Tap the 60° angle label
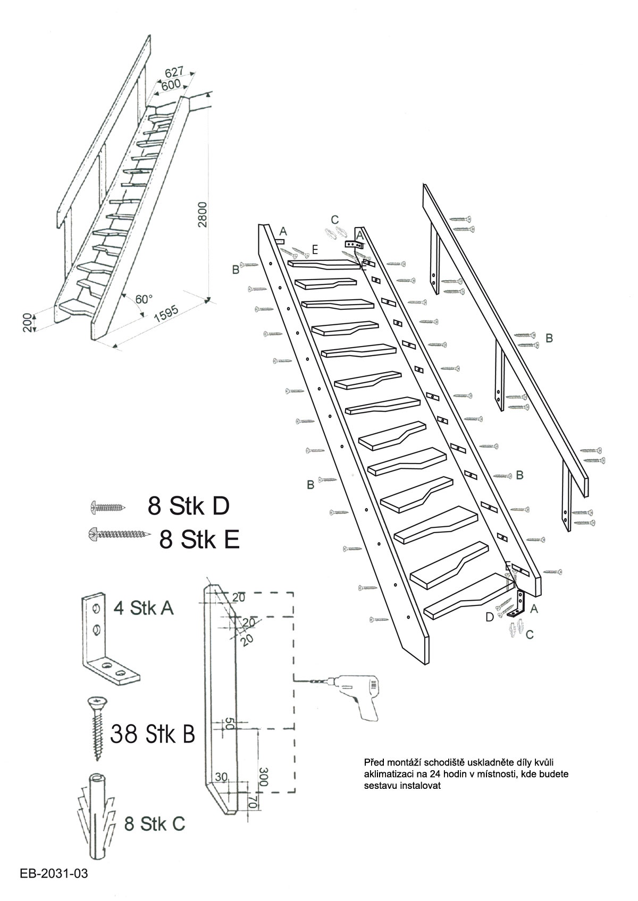(144, 299)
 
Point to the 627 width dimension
(174, 72)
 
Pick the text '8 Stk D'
(188, 506)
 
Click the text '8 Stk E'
(199, 539)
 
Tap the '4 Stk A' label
(144, 608)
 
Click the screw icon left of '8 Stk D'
(107, 508)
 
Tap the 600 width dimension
(171, 85)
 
